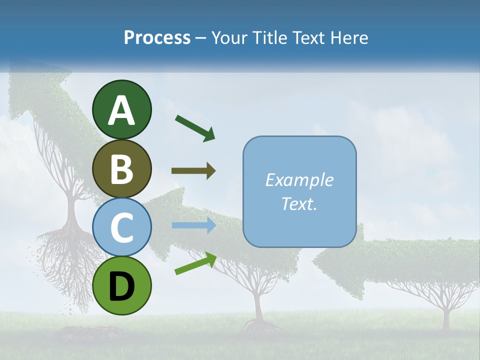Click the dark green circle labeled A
pyautogui.click(x=122, y=109)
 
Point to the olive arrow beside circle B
pyautogui.click(x=193, y=171)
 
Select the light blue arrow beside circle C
pyautogui.click(x=193, y=225)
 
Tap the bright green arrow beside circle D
pyautogui.click(x=195, y=263)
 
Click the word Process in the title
pyautogui.click(x=157, y=38)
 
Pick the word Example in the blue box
pyautogui.click(x=299, y=180)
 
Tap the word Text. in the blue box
pyautogui.click(x=299, y=203)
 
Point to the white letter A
pyautogui.click(x=122, y=110)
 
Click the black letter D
pyautogui.click(x=122, y=285)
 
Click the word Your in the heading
pyautogui.click(x=230, y=38)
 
